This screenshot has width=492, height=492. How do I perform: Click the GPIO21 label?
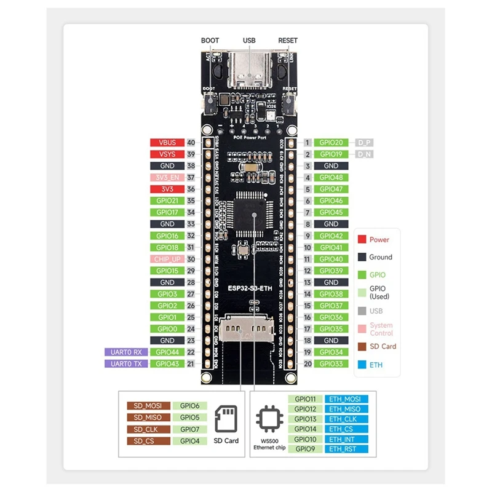tap(167, 200)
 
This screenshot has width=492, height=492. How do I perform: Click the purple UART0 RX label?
tap(126, 352)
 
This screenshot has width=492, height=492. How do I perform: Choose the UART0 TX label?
tap(126, 363)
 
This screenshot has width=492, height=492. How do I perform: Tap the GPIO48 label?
tap(331, 178)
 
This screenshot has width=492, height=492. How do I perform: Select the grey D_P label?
tap(364, 143)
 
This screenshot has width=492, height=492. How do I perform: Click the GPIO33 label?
tap(331, 363)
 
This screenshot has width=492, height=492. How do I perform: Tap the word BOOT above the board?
tap(210, 41)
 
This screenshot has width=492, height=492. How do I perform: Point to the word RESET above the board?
tap(288, 41)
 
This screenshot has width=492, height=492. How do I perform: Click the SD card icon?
tap(226, 418)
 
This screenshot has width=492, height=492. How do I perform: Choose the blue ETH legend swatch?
tap(362, 364)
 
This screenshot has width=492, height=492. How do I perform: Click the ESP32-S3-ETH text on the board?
tap(249, 287)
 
